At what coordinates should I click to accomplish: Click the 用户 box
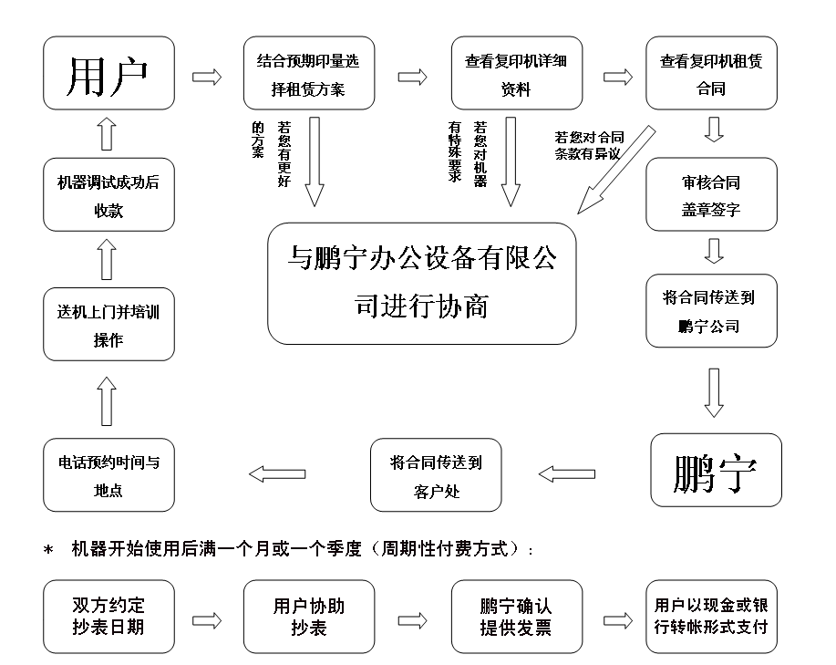[108, 73]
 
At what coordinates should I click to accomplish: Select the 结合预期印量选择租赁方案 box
[309, 73]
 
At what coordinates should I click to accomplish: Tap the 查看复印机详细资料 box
[517, 73]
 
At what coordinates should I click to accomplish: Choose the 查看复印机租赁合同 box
[711, 73]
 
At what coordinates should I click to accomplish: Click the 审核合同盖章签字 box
[711, 194]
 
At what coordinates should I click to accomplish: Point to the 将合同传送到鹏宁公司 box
[711, 311]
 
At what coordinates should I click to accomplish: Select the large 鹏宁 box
[716, 470]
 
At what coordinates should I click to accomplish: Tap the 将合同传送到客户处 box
[436, 475]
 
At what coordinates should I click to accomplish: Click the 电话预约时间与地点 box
[108, 475]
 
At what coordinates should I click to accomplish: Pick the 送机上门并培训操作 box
[108, 324]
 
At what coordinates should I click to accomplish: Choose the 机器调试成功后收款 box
[108, 194]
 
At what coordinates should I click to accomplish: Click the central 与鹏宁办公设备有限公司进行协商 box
[422, 284]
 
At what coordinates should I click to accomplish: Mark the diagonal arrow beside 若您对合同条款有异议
[616, 170]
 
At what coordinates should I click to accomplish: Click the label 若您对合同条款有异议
[589, 146]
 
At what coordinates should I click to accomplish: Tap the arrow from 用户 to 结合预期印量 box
[207, 77]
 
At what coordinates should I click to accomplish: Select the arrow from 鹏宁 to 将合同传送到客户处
[567, 474]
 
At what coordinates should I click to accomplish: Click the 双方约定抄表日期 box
[108, 617]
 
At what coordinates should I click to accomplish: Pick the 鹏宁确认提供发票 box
[517, 617]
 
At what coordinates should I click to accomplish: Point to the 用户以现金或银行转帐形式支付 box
[711, 617]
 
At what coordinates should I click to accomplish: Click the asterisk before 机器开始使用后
[48, 550]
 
